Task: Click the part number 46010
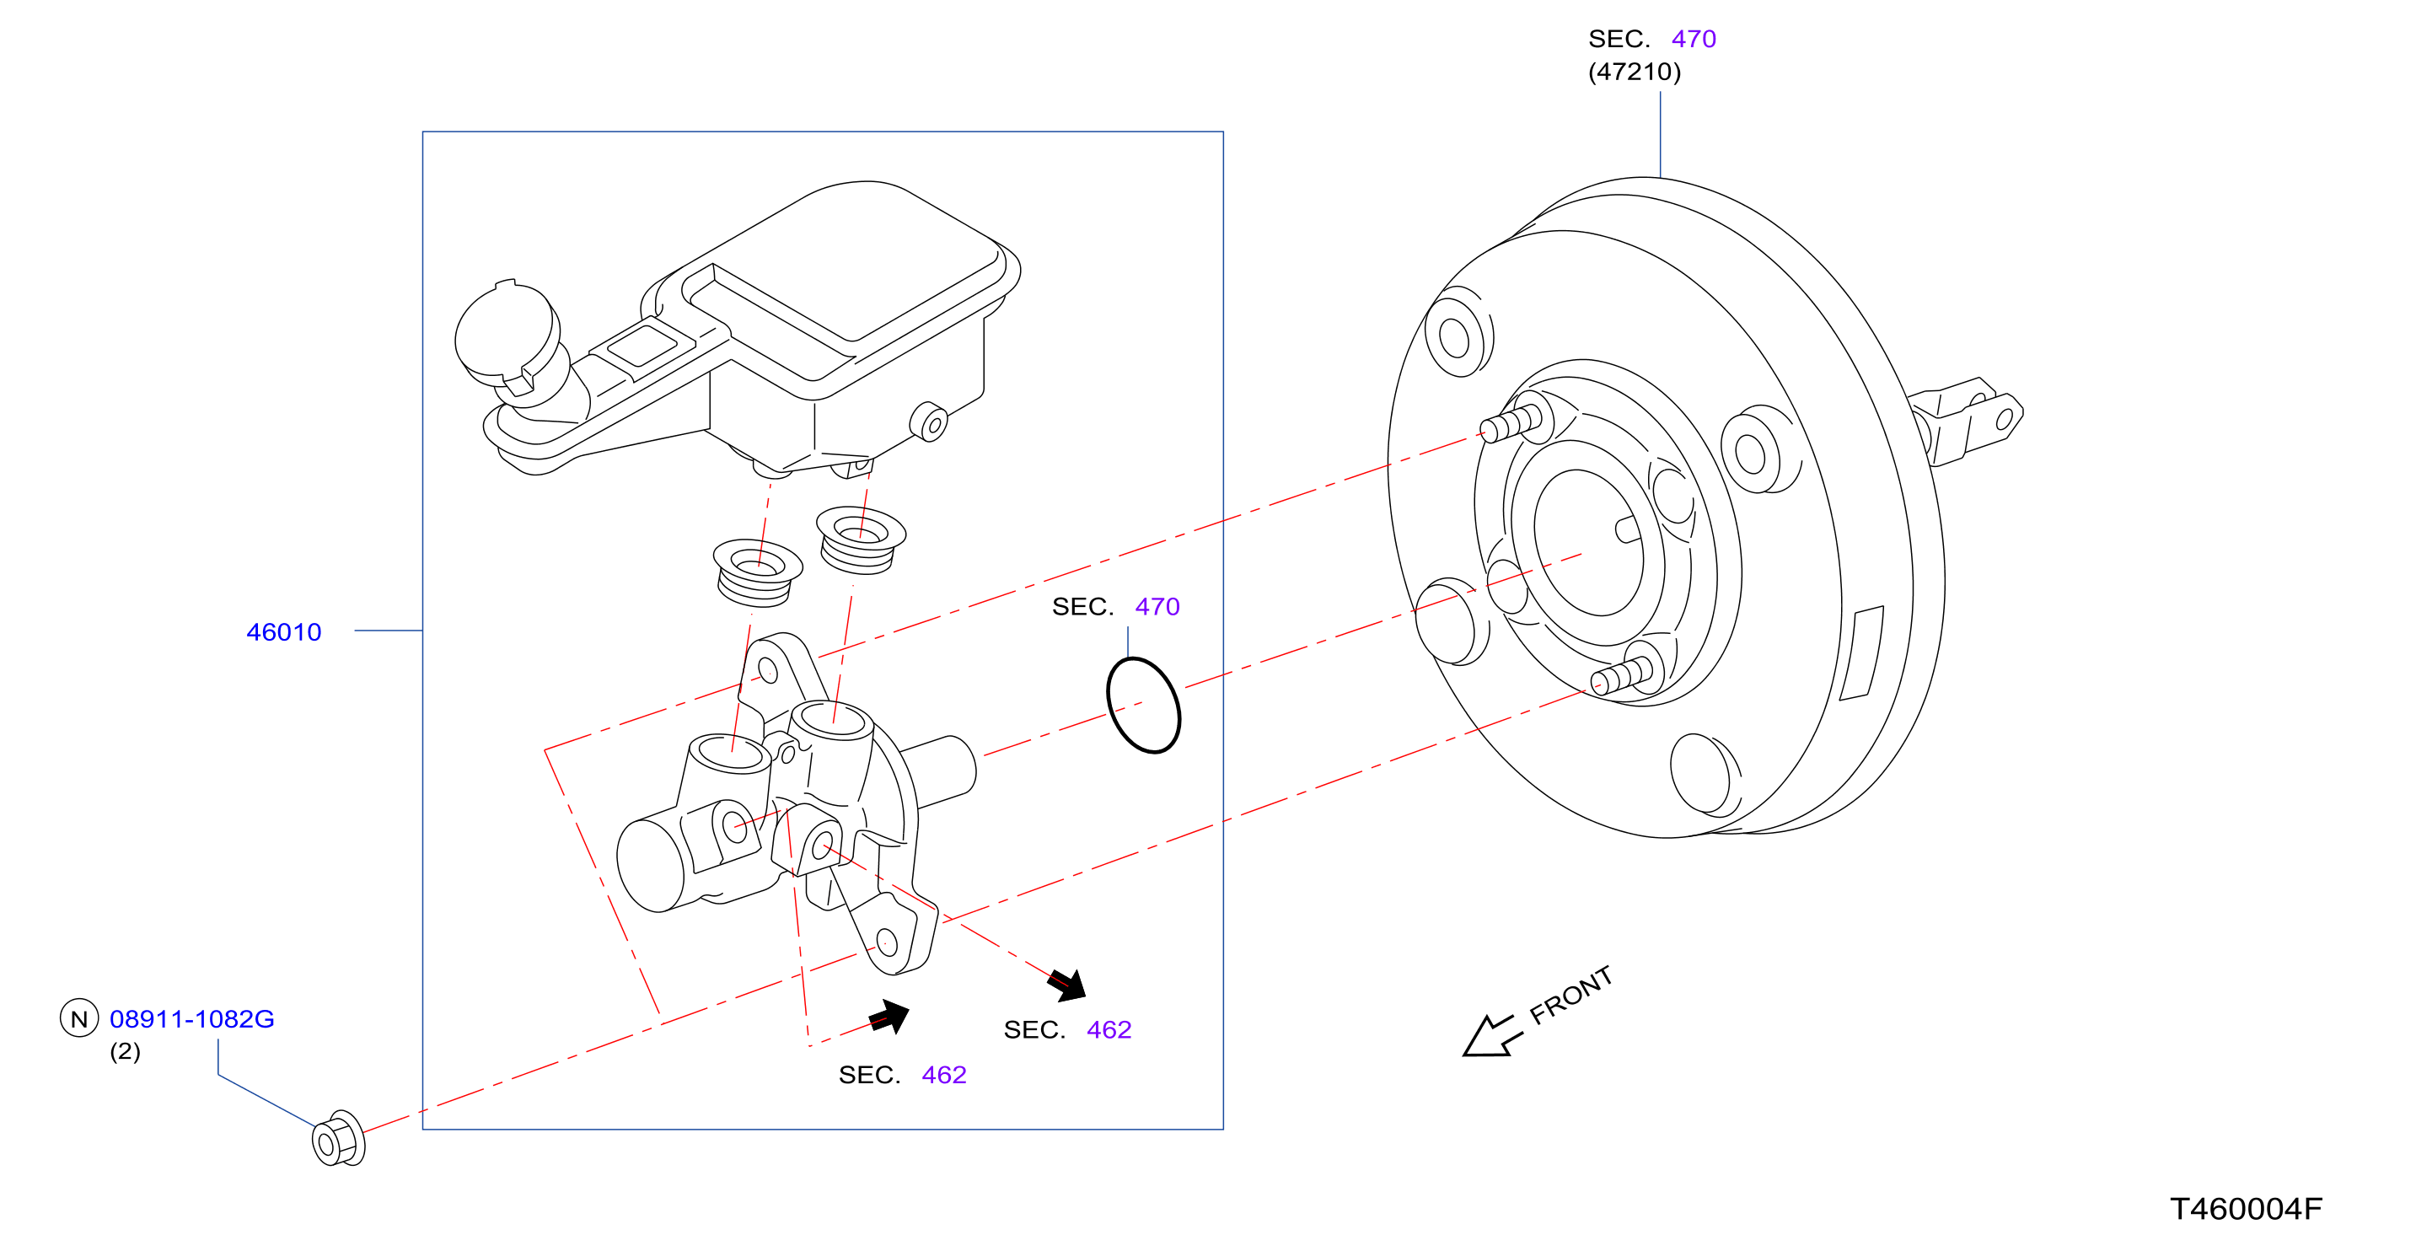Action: point(283,632)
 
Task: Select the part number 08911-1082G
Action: point(192,1018)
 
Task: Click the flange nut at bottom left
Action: point(338,1139)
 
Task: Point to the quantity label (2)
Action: point(125,1051)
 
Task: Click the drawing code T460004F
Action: point(2246,1208)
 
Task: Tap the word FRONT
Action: point(1571,995)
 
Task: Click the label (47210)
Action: point(1634,72)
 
